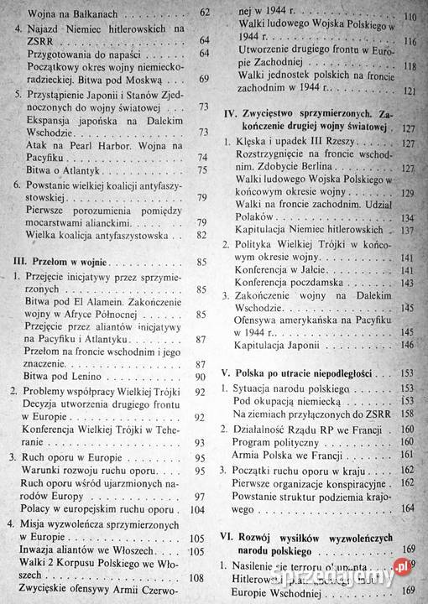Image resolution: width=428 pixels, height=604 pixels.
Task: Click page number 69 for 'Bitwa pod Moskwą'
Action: (202, 79)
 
